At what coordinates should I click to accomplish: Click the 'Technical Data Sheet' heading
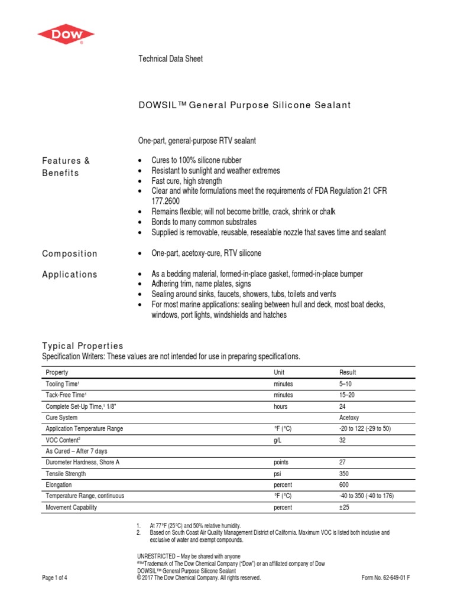171,58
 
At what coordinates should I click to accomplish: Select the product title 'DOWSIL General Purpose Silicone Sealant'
244,105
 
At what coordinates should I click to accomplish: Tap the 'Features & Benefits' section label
66,167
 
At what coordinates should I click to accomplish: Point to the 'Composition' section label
70,253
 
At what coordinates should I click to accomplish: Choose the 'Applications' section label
70,274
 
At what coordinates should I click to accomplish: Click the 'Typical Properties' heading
82,346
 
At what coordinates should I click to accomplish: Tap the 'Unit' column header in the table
279,372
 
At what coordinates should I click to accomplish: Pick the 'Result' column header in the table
348,372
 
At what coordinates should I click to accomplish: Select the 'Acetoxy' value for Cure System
351,417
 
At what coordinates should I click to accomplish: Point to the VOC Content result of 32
343,440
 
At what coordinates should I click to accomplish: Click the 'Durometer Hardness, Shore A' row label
83,462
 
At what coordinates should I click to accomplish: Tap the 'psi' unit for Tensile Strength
277,473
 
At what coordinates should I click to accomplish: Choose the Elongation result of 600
345,484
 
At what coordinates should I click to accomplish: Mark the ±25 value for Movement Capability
345,507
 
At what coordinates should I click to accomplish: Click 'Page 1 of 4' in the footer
55,578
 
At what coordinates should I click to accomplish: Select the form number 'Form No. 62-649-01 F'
385,578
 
